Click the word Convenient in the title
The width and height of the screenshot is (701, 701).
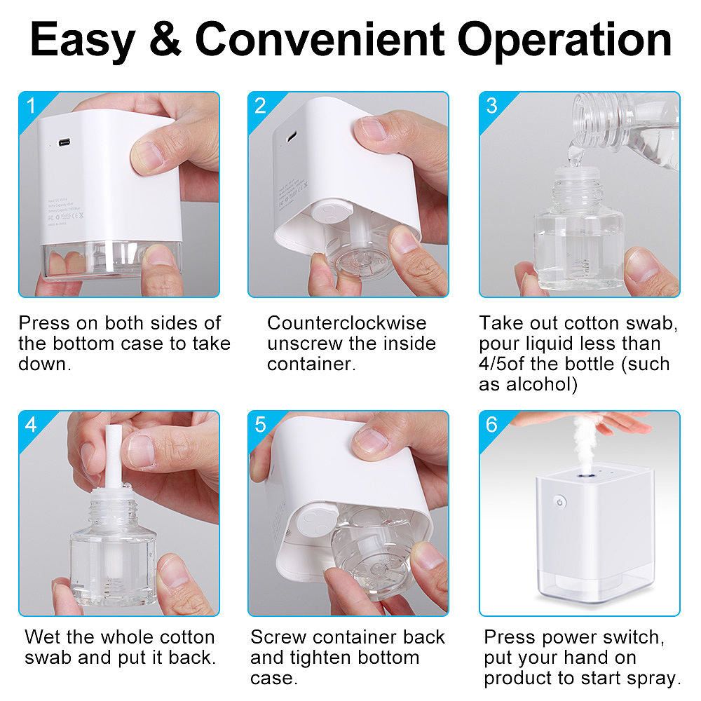point(320,39)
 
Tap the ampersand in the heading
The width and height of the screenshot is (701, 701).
point(165,39)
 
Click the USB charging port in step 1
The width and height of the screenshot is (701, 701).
point(64,142)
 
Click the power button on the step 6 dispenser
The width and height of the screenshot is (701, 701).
point(559,502)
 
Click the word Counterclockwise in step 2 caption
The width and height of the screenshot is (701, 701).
point(347,322)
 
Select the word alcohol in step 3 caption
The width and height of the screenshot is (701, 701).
point(542,384)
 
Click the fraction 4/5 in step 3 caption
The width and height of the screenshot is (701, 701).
point(493,364)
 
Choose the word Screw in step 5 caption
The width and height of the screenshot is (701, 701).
point(278,637)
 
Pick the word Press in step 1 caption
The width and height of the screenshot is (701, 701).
point(44,322)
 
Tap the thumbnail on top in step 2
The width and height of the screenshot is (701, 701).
point(372,129)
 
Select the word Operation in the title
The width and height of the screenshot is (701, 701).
point(564,40)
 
